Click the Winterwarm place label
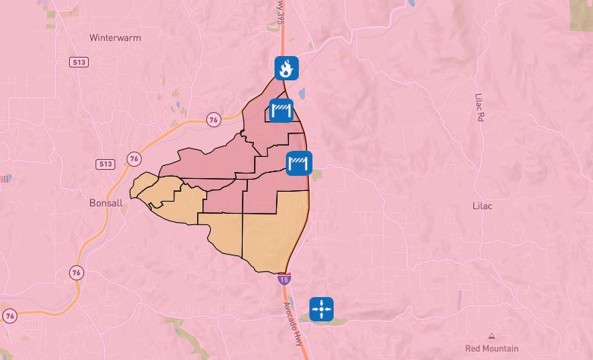click(x=115, y=37)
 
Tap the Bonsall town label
click(x=105, y=203)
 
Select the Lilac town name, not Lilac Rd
click(x=482, y=205)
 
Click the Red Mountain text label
click(x=491, y=349)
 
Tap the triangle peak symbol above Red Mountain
click(x=492, y=336)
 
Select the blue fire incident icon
click(x=286, y=68)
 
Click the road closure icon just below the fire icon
click(x=282, y=111)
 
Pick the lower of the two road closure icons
click(x=299, y=162)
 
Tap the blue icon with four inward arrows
click(x=322, y=309)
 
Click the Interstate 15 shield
click(x=283, y=279)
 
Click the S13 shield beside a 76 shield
click(x=105, y=164)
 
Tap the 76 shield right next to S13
click(x=134, y=158)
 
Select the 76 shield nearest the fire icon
click(x=213, y=119)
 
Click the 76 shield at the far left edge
click(x=9, y=315)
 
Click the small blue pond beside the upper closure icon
click(x=301, y=95)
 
